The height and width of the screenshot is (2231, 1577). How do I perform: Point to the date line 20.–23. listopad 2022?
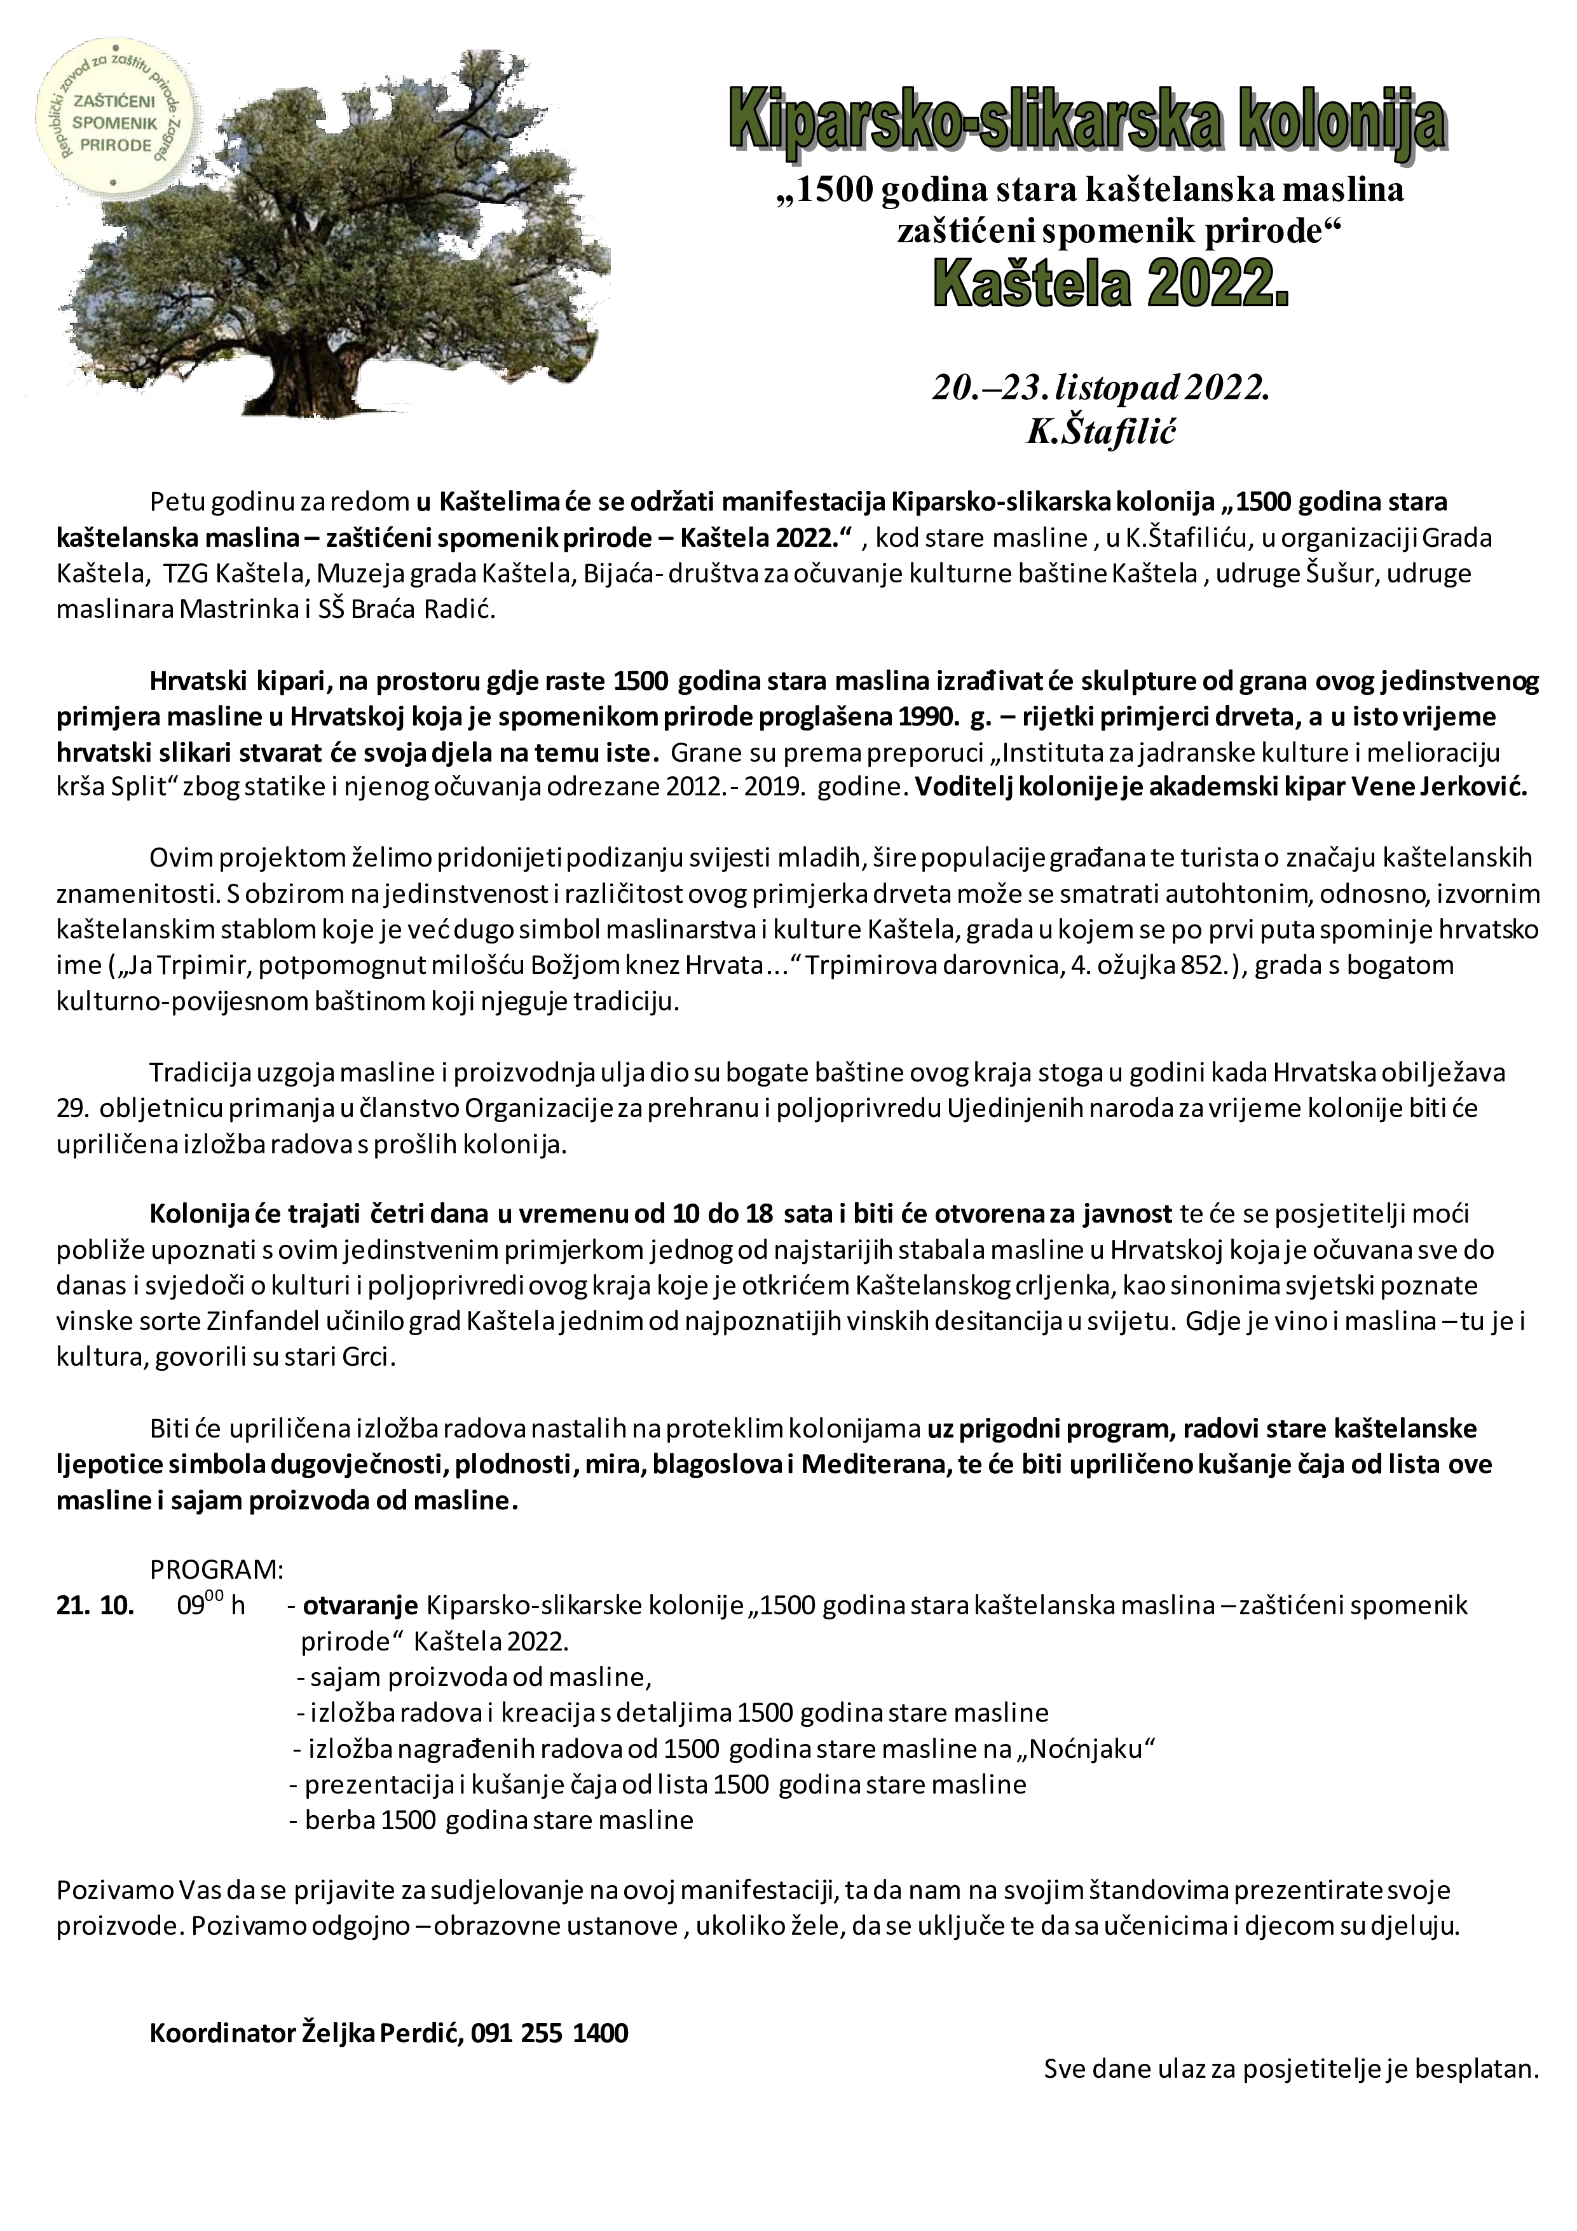tap(1102, 388)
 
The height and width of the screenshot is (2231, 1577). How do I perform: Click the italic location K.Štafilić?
tap(1102, 432)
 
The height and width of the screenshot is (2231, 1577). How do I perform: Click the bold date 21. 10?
tap(95, 1605)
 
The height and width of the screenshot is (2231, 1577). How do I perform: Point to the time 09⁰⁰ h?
tap(211, 1605)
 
